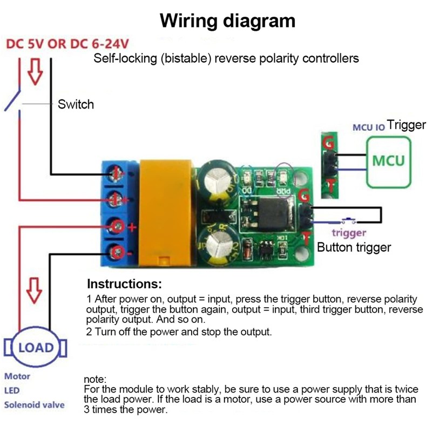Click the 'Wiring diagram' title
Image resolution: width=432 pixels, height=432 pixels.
228,21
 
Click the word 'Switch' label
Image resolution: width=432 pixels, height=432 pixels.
76,104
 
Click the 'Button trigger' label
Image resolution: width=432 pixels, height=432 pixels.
353,248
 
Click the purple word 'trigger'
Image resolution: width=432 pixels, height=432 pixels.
349,233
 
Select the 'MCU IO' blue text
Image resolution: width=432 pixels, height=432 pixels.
368,127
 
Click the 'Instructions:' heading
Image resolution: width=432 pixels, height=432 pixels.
124,284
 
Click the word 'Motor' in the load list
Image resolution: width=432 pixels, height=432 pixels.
17,376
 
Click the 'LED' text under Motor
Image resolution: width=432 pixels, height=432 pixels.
12,390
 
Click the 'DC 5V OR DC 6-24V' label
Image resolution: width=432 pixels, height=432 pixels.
67,43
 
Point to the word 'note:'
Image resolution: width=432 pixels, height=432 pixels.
96,380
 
